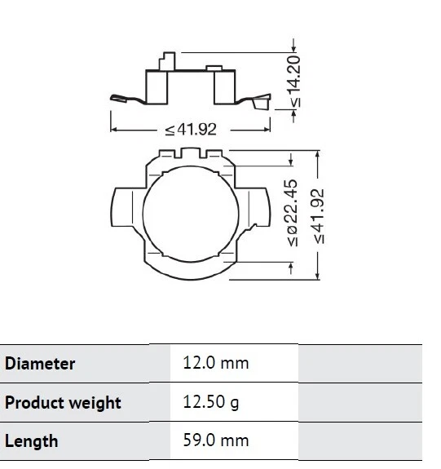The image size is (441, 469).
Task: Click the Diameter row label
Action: pyautogui.click(x=40, y=364)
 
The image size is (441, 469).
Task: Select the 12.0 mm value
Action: pyautogui.click(x=215, y=364)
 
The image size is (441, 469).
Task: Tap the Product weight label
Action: pyautogui.click(x=63, y=403)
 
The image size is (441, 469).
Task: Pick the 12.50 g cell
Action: pyautogui.click(x=210, y=403)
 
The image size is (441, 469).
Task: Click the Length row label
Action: pyautogui.click(x=32, y=441)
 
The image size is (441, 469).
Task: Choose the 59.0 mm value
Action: pyautogui.click(x=215, y=441)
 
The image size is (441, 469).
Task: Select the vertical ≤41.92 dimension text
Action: pyautogui.click(x=319, y=215)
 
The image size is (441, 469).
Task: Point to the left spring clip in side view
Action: pyautogui.click(x=126, y=99)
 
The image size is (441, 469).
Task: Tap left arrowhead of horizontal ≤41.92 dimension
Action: pyautogui.click(x=114, y=130)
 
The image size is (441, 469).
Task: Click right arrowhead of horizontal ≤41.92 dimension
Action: pyautogui.click(x=269, y=130)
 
